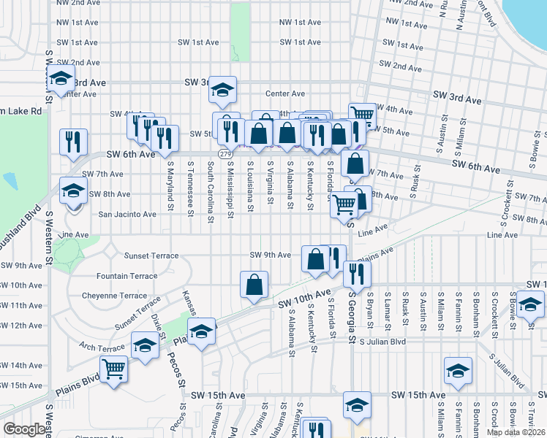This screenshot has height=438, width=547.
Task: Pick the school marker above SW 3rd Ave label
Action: [223, 90]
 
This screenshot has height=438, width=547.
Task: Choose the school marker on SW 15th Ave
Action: [357, 405]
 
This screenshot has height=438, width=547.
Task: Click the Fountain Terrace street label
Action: [127, 276]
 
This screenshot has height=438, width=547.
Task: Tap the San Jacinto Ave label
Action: [127, 215]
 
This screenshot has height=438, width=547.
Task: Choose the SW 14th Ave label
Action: [21, 365]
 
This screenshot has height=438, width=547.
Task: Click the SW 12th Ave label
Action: [21, 325]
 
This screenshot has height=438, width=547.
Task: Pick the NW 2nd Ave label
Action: [78, 3]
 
